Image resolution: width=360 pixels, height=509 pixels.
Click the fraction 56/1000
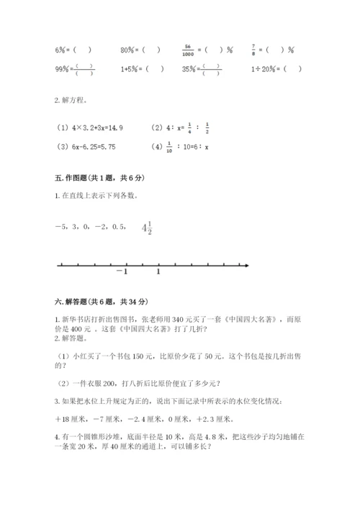pos(189,50)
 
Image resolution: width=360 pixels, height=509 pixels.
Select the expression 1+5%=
pos(130,69)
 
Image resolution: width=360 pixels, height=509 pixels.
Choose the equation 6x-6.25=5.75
pos(86,147)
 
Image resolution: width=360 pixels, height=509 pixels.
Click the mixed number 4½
pos(148,228)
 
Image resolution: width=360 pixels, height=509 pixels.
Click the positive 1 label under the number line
pos(158,273)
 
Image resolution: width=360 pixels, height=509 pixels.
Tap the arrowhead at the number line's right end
pos(246,266)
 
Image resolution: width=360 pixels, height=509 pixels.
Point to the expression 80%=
pos(130,50)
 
